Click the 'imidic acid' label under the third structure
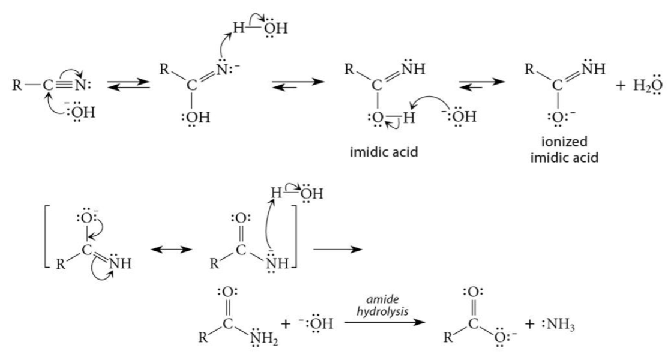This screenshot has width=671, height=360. pyautogui.click(x=384, y=152)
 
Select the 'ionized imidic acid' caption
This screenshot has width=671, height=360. pyautogui.click(x=564, y=149)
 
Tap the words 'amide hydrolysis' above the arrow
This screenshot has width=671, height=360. pyautogui.click(x=382, y=306)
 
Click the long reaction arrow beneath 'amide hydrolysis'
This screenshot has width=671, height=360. pyautogui.click(x=385, y=322)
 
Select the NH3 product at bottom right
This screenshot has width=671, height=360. pyautogui.click(x=558, y=325)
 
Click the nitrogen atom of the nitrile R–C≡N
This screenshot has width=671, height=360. pyautogui.click(x=81, y=86)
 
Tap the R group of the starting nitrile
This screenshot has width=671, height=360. pyautogui.click(x=17, y=86)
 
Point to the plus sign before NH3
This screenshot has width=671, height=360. pyautogui.click(x=530, y=324)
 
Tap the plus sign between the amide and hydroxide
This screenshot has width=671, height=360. pyautogui.click(x=286, y=324)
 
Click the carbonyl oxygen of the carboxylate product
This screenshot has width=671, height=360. pyautogui.click(x=473, y=292)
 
